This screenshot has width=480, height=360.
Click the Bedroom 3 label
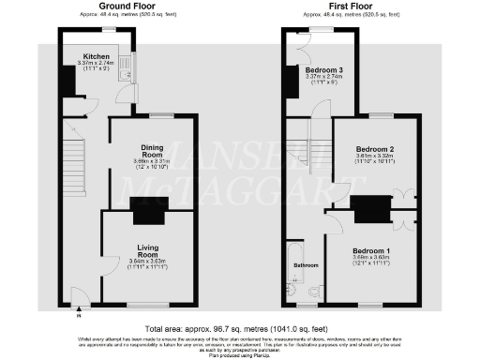click(x=323, y=69)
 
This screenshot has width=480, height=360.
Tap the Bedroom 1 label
click(x=373, y=251)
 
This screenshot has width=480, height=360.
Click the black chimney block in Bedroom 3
click(x=292, y=85)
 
